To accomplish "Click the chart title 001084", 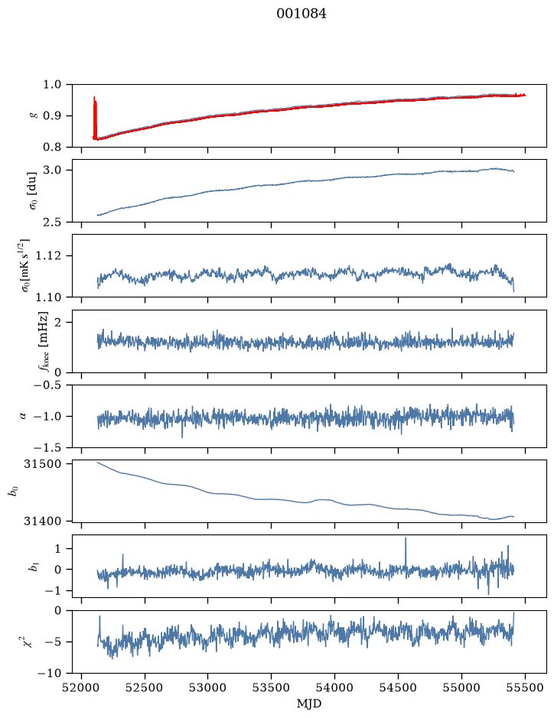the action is tap(301, 14).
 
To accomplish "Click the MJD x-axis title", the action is tap(309, 703).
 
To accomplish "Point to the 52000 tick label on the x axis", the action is tap(82, 687).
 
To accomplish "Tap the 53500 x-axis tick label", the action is tap(272, 687).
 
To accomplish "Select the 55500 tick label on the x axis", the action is tap(525, 687).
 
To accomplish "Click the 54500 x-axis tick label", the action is tap(398, 687).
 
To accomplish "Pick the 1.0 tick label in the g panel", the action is tap(52, 84).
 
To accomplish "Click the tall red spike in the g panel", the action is tap(95, 118).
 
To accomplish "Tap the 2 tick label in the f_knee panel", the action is tap(57, 323).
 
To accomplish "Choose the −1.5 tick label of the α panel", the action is tap(47, 447).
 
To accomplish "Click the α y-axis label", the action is tap(24, 416).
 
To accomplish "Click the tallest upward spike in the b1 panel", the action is tap(406, 552).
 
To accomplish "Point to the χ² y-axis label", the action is tap(28, 642).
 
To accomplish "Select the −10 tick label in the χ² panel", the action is tap(51, 673).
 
